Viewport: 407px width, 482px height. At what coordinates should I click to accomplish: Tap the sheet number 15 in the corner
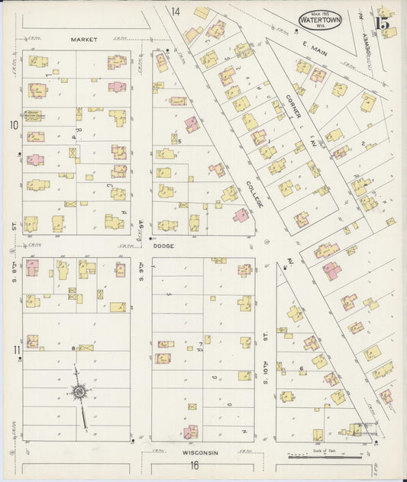pyautogui.click(x=383, y=22)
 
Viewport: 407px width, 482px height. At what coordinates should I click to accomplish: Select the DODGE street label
pyautogui.click(x=164, y=246)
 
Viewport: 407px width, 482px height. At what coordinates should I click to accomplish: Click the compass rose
pyautogui.click(x=79, y=393)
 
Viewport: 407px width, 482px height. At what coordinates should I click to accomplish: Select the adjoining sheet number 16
pyautogui.click(x=195, y=465)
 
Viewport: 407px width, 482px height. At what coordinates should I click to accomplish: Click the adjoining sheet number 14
pyautogui.click(x=176, y=11)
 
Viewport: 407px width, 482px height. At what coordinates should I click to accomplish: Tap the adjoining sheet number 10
pyautogui.click(x=13, y=124)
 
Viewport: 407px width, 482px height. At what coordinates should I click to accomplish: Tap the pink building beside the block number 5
pyautogui.click(x=192, y=124)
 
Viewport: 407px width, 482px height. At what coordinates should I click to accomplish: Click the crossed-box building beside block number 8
pyautogui.click(x=86, y=348)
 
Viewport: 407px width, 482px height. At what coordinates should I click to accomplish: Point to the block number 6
pyautogui.click(x=303, y=368)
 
